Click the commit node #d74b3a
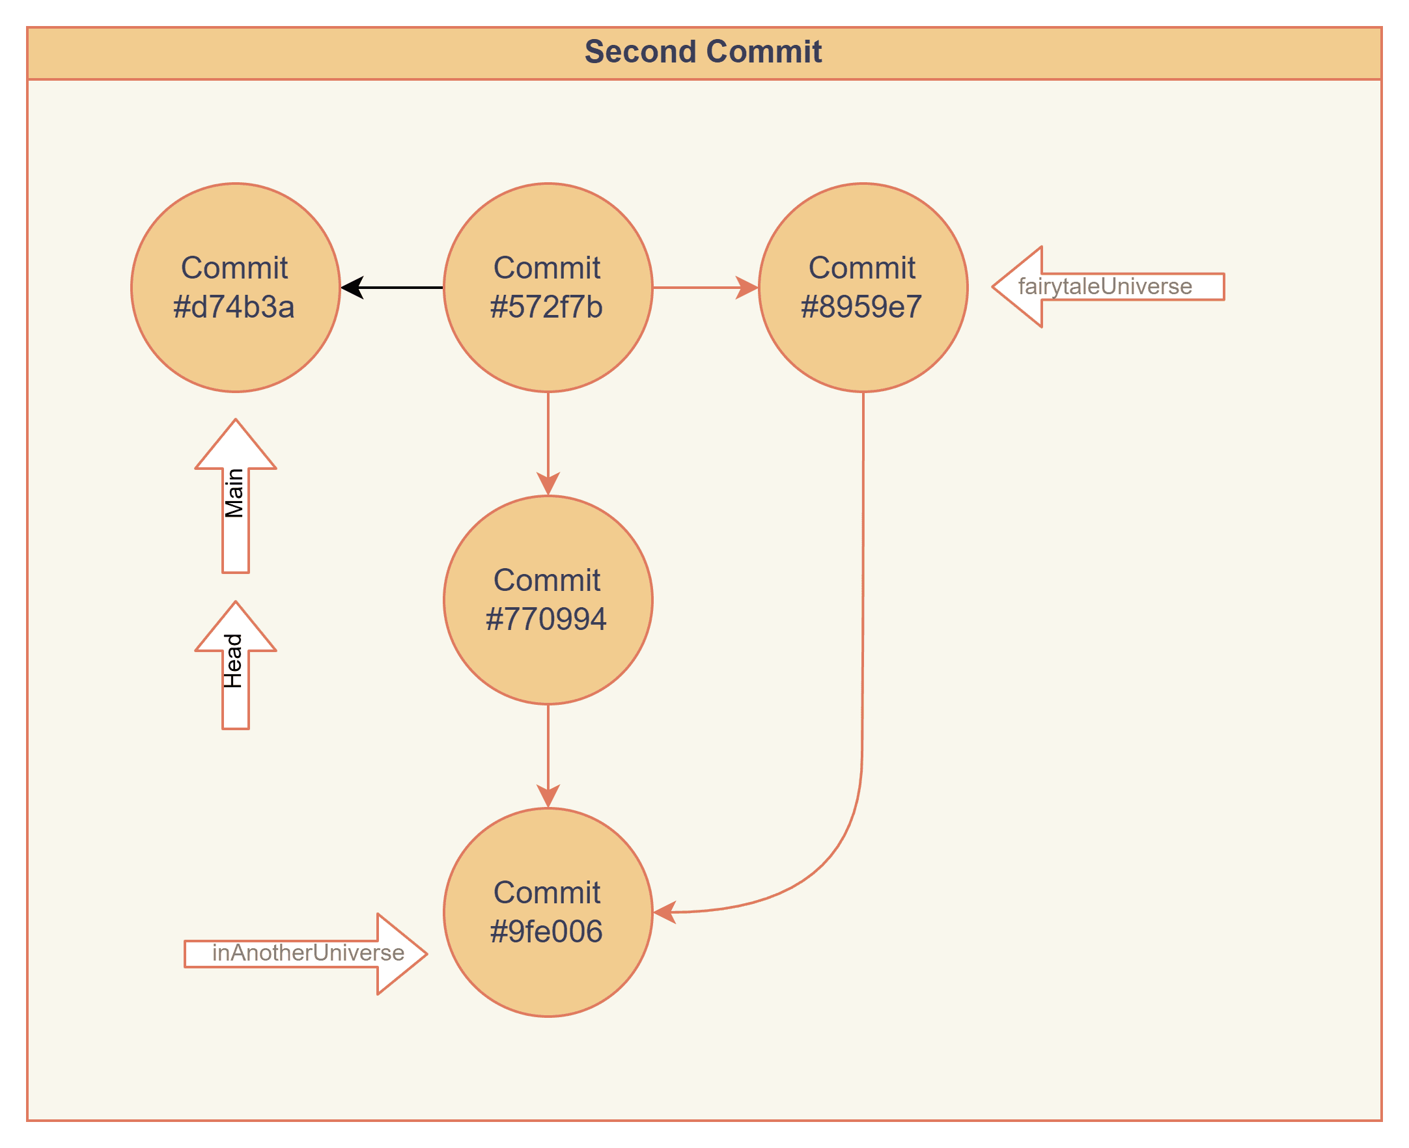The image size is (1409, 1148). [x=236, y=288]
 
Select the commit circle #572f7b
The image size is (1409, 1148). [x=548, y=288]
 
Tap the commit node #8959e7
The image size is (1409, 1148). [x=863, y=288]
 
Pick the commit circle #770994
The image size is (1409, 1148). [x=548, y=600]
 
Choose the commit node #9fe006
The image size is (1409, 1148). [x=548, y=912]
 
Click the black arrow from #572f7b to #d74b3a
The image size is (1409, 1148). [x=393, y=288]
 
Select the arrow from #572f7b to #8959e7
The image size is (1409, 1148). [x=704, y=288]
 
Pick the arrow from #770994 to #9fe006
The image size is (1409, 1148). [x=548, y=754]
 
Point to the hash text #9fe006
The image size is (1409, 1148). [x=546, y=931]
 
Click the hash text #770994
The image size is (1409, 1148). [x=546, y=619]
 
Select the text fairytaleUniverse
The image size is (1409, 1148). [x=1105, y=286]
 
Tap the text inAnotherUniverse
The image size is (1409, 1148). [x=307, y=953]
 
